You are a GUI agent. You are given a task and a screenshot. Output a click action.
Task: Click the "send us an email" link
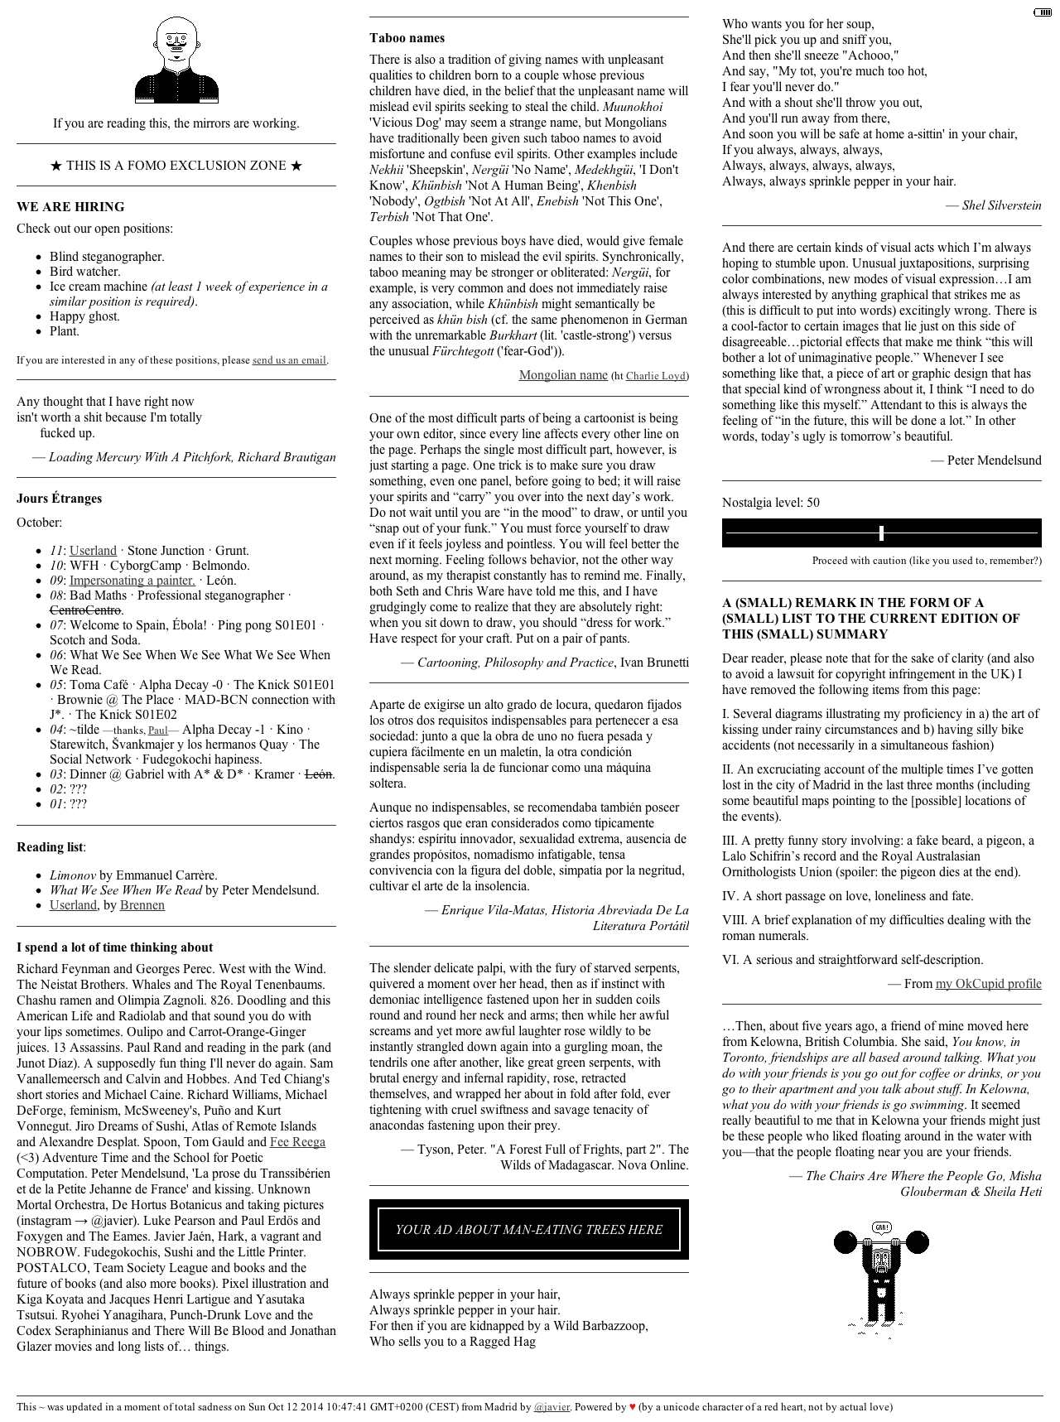[289, 360]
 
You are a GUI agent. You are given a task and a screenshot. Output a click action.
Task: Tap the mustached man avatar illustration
[176, 60]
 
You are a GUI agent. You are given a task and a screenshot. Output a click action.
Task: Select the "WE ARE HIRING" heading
[70, 207]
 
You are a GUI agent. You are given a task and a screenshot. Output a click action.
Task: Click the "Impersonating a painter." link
[132, 581]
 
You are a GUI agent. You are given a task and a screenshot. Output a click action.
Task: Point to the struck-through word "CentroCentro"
[85, 610]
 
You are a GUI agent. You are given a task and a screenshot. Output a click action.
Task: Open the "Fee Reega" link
[297, 1142]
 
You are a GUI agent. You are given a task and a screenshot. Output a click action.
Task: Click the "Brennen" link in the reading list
[142, 905]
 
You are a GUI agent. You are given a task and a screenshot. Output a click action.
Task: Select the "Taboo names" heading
[407, 38]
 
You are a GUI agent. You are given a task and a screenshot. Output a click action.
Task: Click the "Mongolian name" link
[563, 375]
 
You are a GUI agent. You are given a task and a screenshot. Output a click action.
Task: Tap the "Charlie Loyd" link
[656, 376]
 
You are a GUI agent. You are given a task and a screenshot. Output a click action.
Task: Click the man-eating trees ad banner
[528, 1229]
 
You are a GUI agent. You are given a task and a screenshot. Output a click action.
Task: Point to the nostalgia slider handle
[881, 533]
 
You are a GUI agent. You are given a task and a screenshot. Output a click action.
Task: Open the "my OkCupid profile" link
[988, 984]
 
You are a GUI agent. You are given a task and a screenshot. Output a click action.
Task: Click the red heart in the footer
[633, 1406]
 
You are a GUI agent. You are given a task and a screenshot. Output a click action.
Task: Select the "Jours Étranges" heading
[59, 499]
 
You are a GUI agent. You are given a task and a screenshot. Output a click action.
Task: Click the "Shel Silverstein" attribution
[1001, 205]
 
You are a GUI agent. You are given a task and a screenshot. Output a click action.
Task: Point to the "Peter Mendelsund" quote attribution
[994, 460]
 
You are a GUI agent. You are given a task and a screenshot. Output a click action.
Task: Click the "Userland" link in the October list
[93, 551]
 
